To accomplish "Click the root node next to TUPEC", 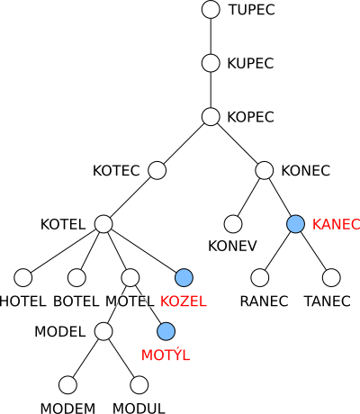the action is tap(211, 9).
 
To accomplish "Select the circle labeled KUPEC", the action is tap(211, 63).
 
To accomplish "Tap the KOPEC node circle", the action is tap(211, 117).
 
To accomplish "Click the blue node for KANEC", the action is tap(295, 224).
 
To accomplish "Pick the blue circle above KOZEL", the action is tap(184, 277).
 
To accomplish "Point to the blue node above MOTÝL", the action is tap(166, 331).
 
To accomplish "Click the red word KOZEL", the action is tap(184, 301).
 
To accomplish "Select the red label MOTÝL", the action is tap(166, 354).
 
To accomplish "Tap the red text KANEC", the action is tap(336, 224).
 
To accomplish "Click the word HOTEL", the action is tap(22, 301).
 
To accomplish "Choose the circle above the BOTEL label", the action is tap(76, 277).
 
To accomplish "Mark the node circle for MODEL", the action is tap(103, 331).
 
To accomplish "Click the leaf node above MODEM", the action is tap(67, 385).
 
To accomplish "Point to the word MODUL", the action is tap(139, 409).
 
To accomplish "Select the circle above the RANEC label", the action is tap(259, 277).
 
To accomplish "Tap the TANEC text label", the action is tap(328, 301).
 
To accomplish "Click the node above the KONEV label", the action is tap(233, 224).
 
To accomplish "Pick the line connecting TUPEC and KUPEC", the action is tap(211, 36).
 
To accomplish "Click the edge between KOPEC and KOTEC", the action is tap(184, 143).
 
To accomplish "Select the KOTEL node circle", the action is tap(103, 224).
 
